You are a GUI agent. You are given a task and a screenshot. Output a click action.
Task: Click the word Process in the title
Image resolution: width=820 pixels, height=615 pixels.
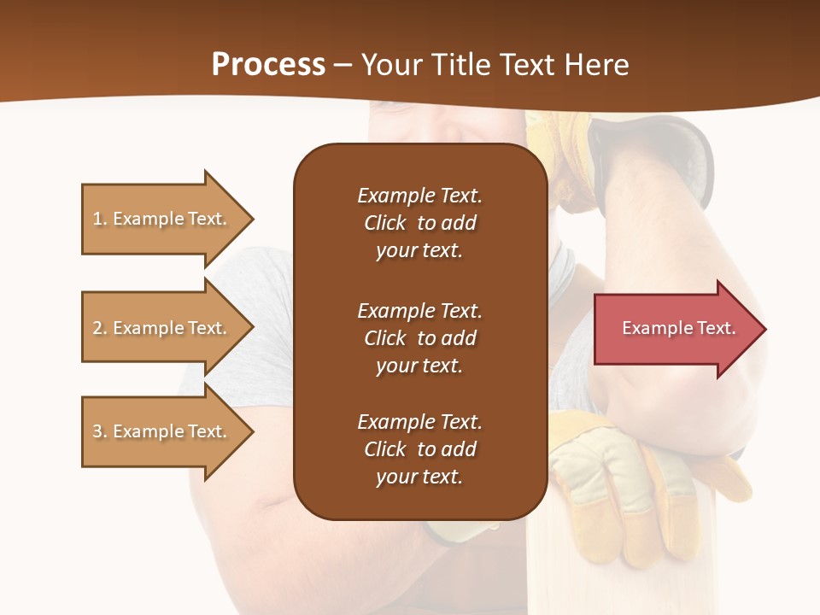268,65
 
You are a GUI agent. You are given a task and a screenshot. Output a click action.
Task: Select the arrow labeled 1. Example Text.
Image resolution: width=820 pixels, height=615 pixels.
162,219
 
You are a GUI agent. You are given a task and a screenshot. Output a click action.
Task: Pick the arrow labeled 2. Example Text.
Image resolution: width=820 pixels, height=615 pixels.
162,328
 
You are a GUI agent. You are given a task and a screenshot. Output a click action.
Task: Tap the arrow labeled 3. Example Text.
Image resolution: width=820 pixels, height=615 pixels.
162,431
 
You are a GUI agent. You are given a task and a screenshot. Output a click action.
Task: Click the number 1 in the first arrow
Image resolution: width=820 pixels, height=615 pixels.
97,219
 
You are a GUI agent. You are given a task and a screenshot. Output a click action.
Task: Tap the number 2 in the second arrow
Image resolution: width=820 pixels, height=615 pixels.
97,328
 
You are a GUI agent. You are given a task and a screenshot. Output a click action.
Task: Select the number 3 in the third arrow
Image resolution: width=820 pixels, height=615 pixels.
97,431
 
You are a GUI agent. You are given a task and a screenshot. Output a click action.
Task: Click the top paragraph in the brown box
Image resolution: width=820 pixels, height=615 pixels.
419,223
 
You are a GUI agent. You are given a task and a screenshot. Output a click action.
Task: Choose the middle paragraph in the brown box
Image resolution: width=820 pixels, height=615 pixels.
419,338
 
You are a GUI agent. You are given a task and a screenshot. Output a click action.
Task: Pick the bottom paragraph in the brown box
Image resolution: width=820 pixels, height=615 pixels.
419,449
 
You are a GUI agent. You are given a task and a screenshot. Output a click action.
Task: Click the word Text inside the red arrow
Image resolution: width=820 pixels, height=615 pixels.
717,328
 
